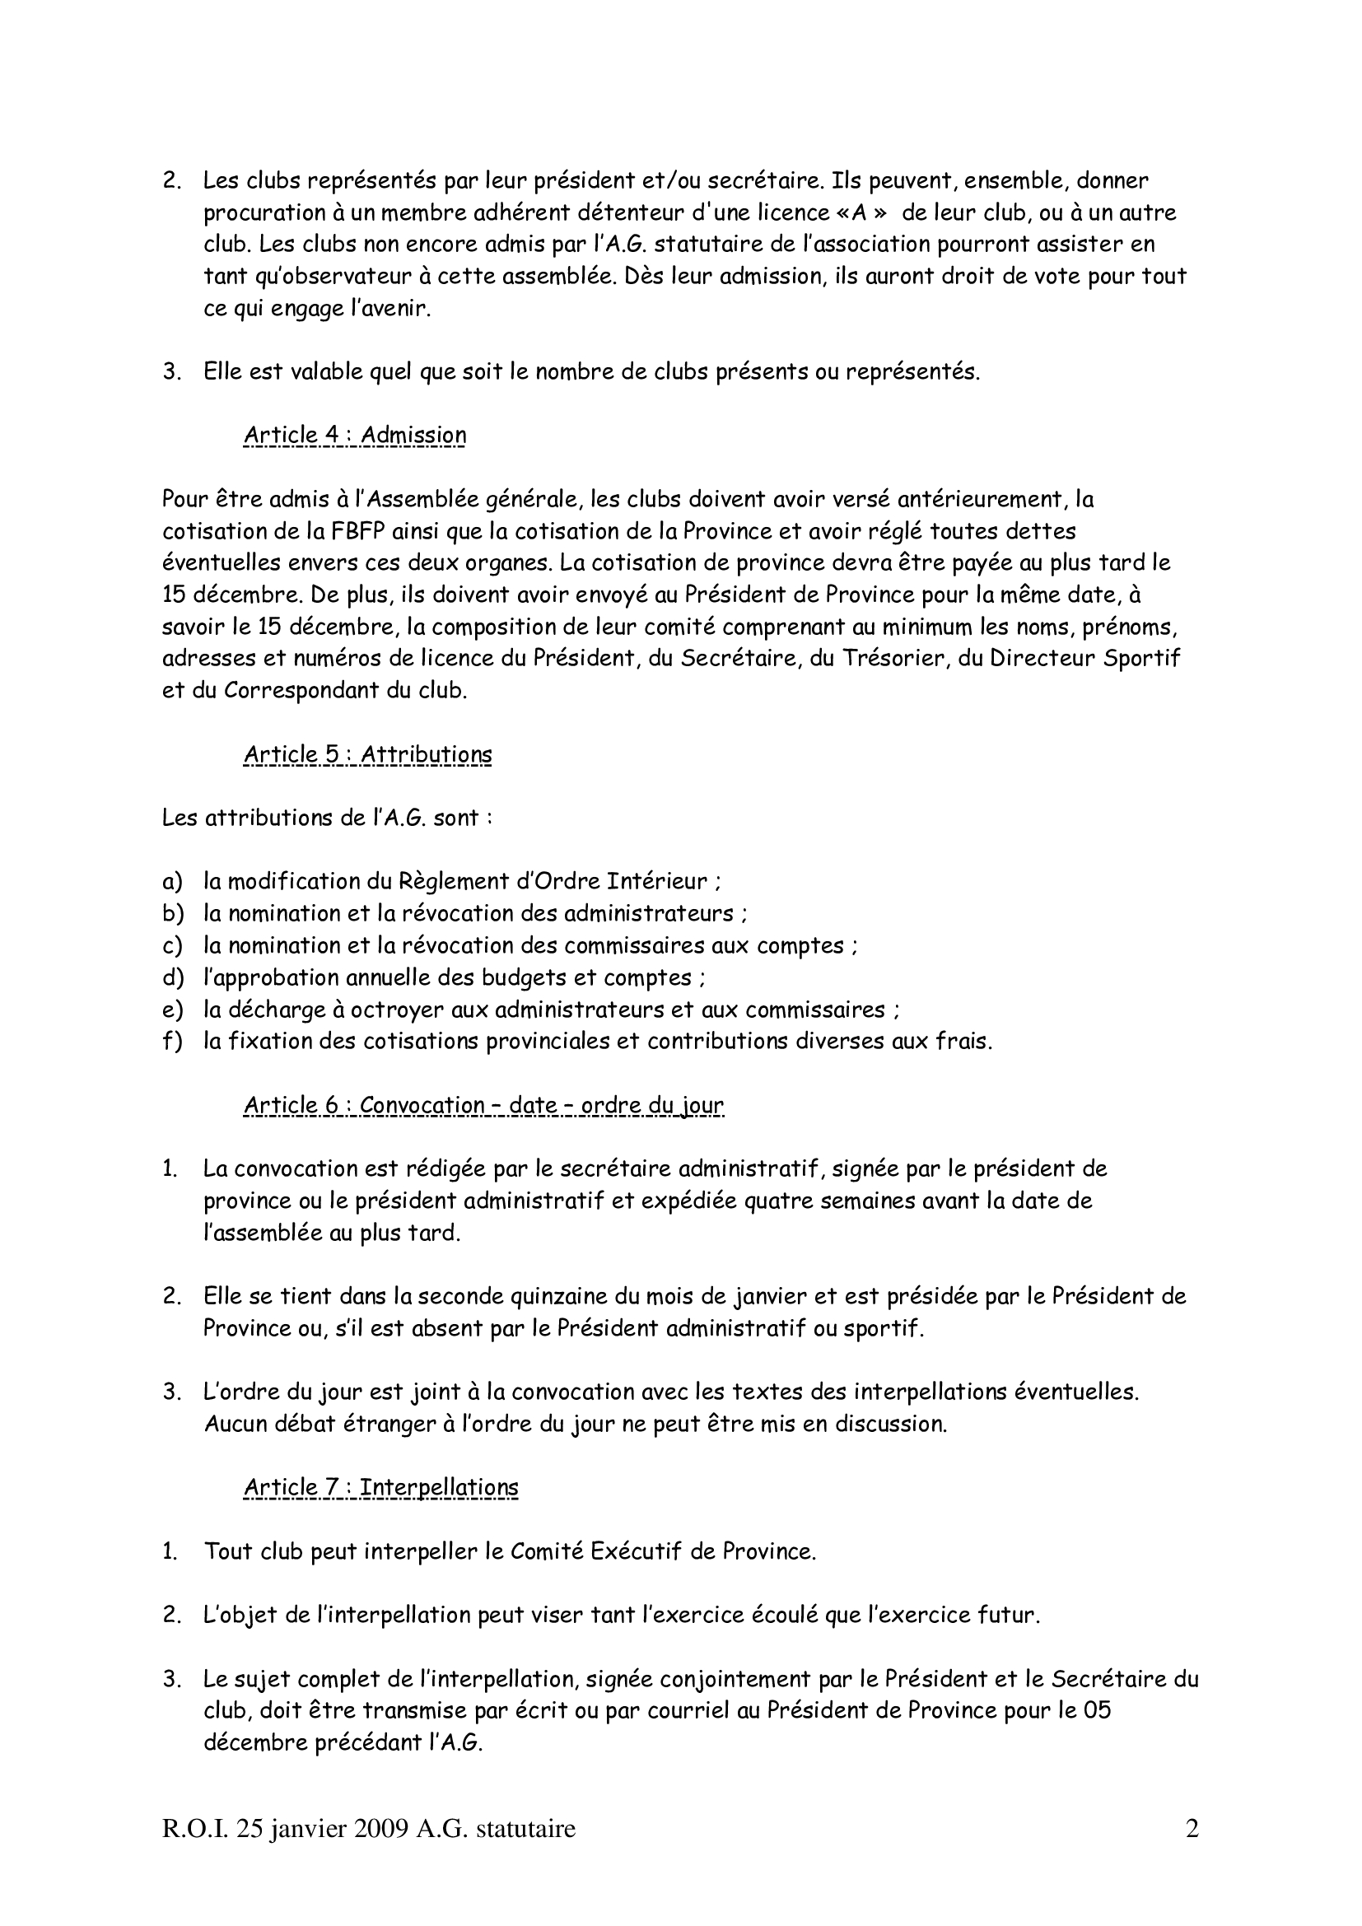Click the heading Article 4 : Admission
click(x=355, y=436)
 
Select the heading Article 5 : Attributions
click(x=367, y=754)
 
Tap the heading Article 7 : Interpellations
click(x=380, y=1487)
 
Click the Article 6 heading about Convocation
click(x=483, y=1105)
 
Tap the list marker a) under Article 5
click(x=172, y=882)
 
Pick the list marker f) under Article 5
click(x=172, y=1041)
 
